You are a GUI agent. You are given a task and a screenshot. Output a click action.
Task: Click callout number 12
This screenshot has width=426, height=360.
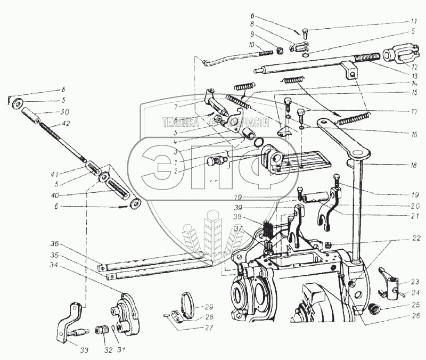(x=411, y=67)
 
